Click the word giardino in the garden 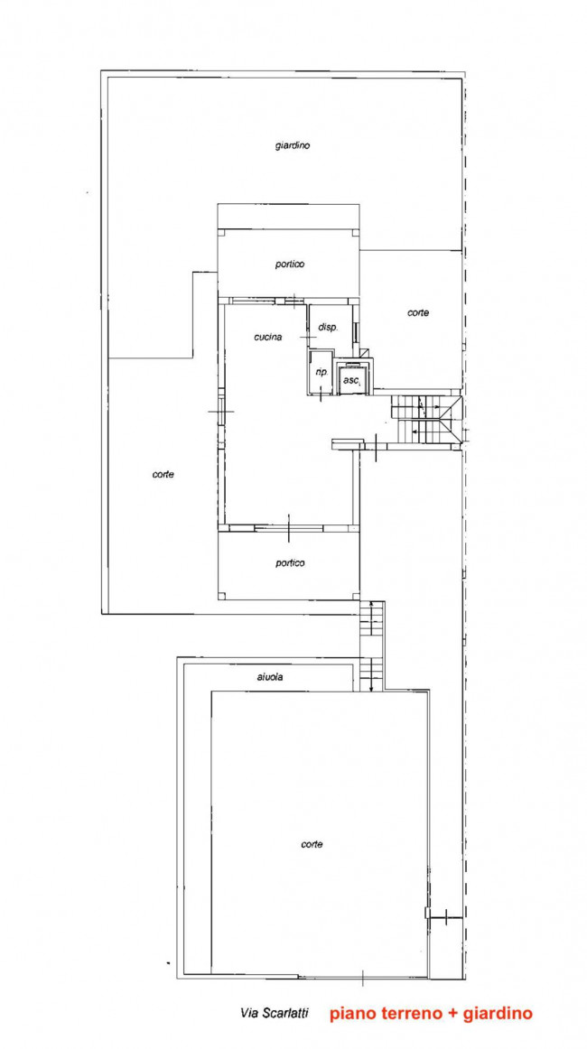coord(292,145)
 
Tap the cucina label coord(267,338)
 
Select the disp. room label coord(328,328)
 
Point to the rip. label coord(321,372)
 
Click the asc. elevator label coord(352,381)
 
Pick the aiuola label coord(270,676)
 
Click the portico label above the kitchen coord(290,265)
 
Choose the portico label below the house coord(290,562)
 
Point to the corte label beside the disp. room coord(418,312)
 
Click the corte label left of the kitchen coord(163,474)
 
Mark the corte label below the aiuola coord(312,844)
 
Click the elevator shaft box coord(353,378)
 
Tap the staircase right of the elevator coord(425,420)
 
